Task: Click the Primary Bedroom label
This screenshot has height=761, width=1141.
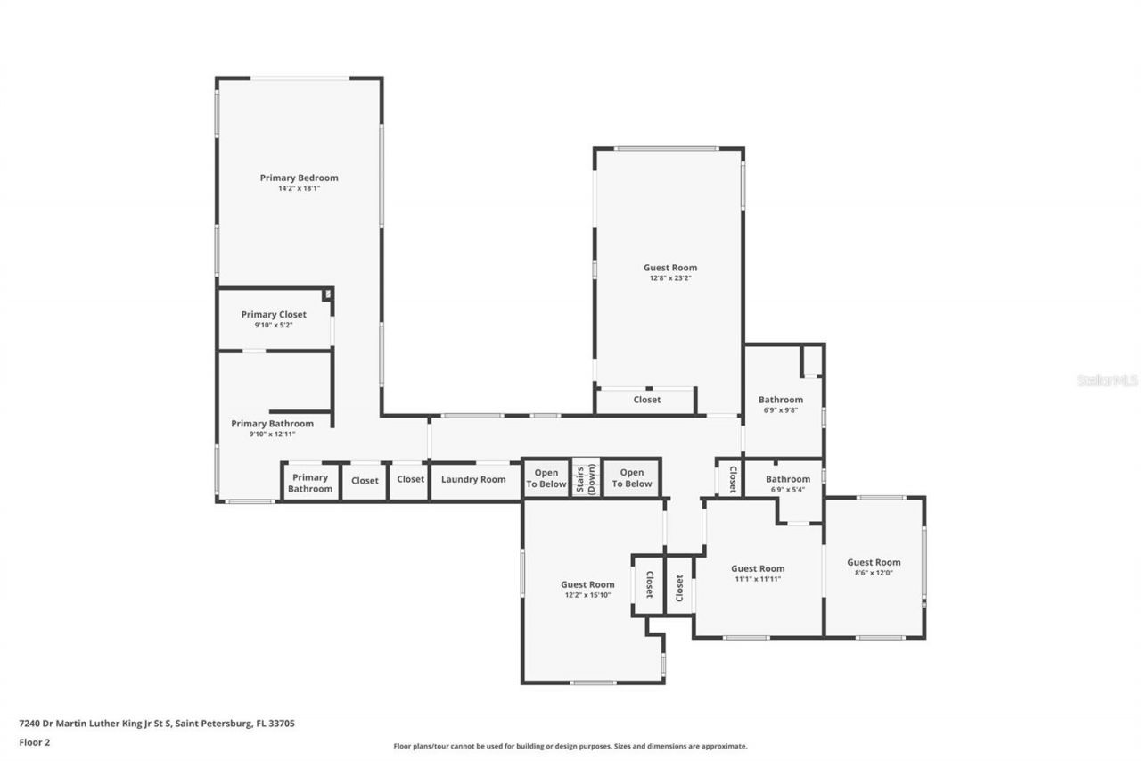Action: click(x=299, y=178)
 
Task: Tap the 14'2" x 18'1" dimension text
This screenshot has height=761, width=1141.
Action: click(x=299, y=188)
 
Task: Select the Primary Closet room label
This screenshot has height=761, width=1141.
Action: click(x=274, y=314)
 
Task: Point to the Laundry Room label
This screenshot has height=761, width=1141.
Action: click(x=473, y=480)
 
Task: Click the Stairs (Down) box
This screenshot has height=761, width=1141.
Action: click(x=586, y=478)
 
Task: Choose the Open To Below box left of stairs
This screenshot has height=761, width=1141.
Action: click(x=546, y=478)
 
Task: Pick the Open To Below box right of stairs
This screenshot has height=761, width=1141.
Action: click(x=631, y=478)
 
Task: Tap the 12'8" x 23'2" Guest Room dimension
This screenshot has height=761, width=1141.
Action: click(x=670, y=278)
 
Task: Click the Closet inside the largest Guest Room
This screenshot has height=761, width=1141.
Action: click(x=646, y=400)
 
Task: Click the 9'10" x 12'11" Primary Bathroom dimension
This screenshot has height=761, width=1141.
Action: click(x=272, y=434)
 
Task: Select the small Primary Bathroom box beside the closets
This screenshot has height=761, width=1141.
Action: click(x=310, y=483)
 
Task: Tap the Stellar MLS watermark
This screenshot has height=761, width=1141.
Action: click(x=1107, y=380)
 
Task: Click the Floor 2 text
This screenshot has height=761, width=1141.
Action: click(x=35, y=741)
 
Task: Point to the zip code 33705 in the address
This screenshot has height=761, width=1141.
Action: click(x=283, y=724)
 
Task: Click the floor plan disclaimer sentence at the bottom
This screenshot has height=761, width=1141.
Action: click(x=570, y=746)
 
